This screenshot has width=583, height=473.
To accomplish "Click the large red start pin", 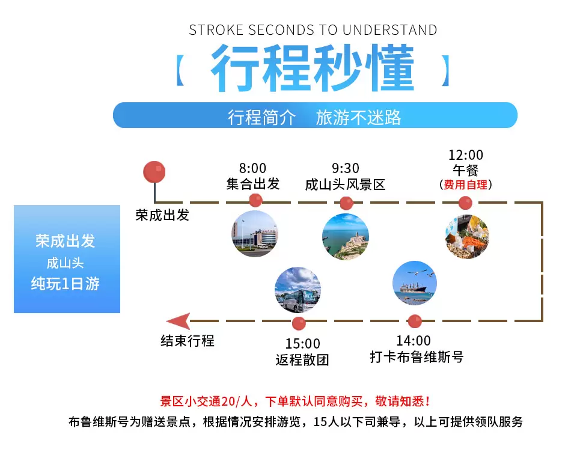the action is (x=154, y=172).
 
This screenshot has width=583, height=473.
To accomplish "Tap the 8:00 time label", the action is (x=252, y=168).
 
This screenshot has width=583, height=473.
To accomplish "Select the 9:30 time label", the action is (x=346, y=168).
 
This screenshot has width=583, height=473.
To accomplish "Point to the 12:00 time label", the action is (x=466, y=154).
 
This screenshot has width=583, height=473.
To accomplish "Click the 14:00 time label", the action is (x=413, y=341).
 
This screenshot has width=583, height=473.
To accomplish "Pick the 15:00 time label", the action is (x=303, y=343).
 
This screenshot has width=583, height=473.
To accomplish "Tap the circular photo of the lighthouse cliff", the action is (x=346, y=237).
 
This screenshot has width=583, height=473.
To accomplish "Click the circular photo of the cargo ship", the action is (x=415, y=283).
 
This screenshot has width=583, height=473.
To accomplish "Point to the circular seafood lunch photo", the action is (x=467, y=237).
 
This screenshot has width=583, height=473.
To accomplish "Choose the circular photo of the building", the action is (x=255, y=234).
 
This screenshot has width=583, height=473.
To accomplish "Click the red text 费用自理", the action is (x=466, y=185).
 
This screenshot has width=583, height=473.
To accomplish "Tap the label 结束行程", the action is (x=188, y=341).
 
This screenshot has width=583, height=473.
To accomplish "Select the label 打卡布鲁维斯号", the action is (x=417, y=357).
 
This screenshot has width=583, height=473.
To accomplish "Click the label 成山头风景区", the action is (x=345, y=185).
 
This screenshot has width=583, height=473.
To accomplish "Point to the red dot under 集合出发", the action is (x=255, y=200).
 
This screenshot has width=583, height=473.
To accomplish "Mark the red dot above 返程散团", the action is (x=299, y=323).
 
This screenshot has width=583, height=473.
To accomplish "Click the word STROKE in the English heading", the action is (x=216, y=30).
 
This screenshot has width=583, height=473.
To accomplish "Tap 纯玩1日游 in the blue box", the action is (x=66, y=284).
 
